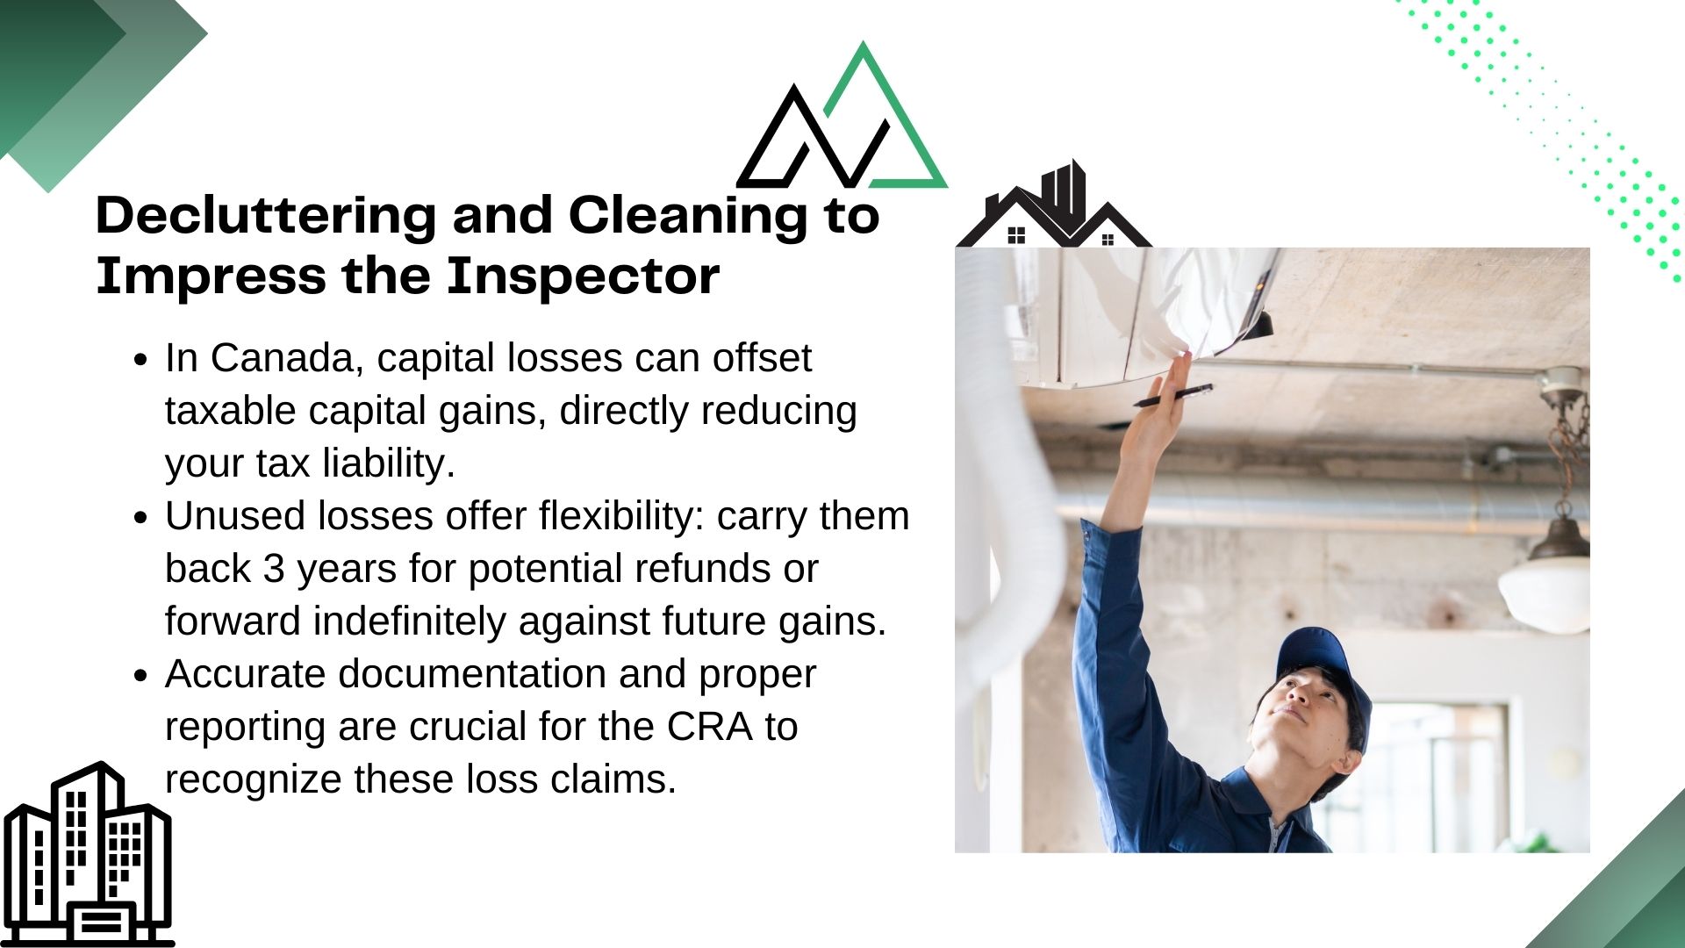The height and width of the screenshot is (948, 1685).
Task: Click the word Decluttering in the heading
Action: coord(265,216)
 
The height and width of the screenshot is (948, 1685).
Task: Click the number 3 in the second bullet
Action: coord(274,569)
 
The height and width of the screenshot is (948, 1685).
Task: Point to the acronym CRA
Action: coord(709,727)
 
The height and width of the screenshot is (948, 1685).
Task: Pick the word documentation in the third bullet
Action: coord(472,674)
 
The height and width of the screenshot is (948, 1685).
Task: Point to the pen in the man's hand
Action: coord(1172,396)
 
